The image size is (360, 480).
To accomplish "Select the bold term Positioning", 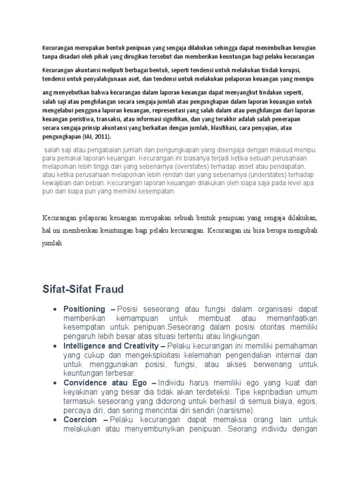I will pos(84,309).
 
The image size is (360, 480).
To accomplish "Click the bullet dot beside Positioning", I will pos(55,309).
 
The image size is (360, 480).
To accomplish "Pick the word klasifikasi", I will pos(231,128).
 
